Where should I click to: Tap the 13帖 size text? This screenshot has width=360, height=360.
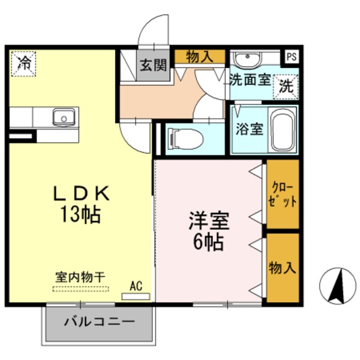79,214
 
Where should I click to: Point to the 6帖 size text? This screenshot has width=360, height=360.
209,242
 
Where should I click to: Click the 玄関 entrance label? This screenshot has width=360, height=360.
153,66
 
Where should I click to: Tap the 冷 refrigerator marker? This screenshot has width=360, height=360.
23,62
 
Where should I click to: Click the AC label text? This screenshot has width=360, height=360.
136,286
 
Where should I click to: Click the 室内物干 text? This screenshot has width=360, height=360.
80,278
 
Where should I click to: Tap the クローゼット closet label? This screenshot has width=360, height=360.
283,194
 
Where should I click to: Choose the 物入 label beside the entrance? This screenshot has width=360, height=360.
200,57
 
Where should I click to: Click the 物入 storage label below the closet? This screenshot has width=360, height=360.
283,267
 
